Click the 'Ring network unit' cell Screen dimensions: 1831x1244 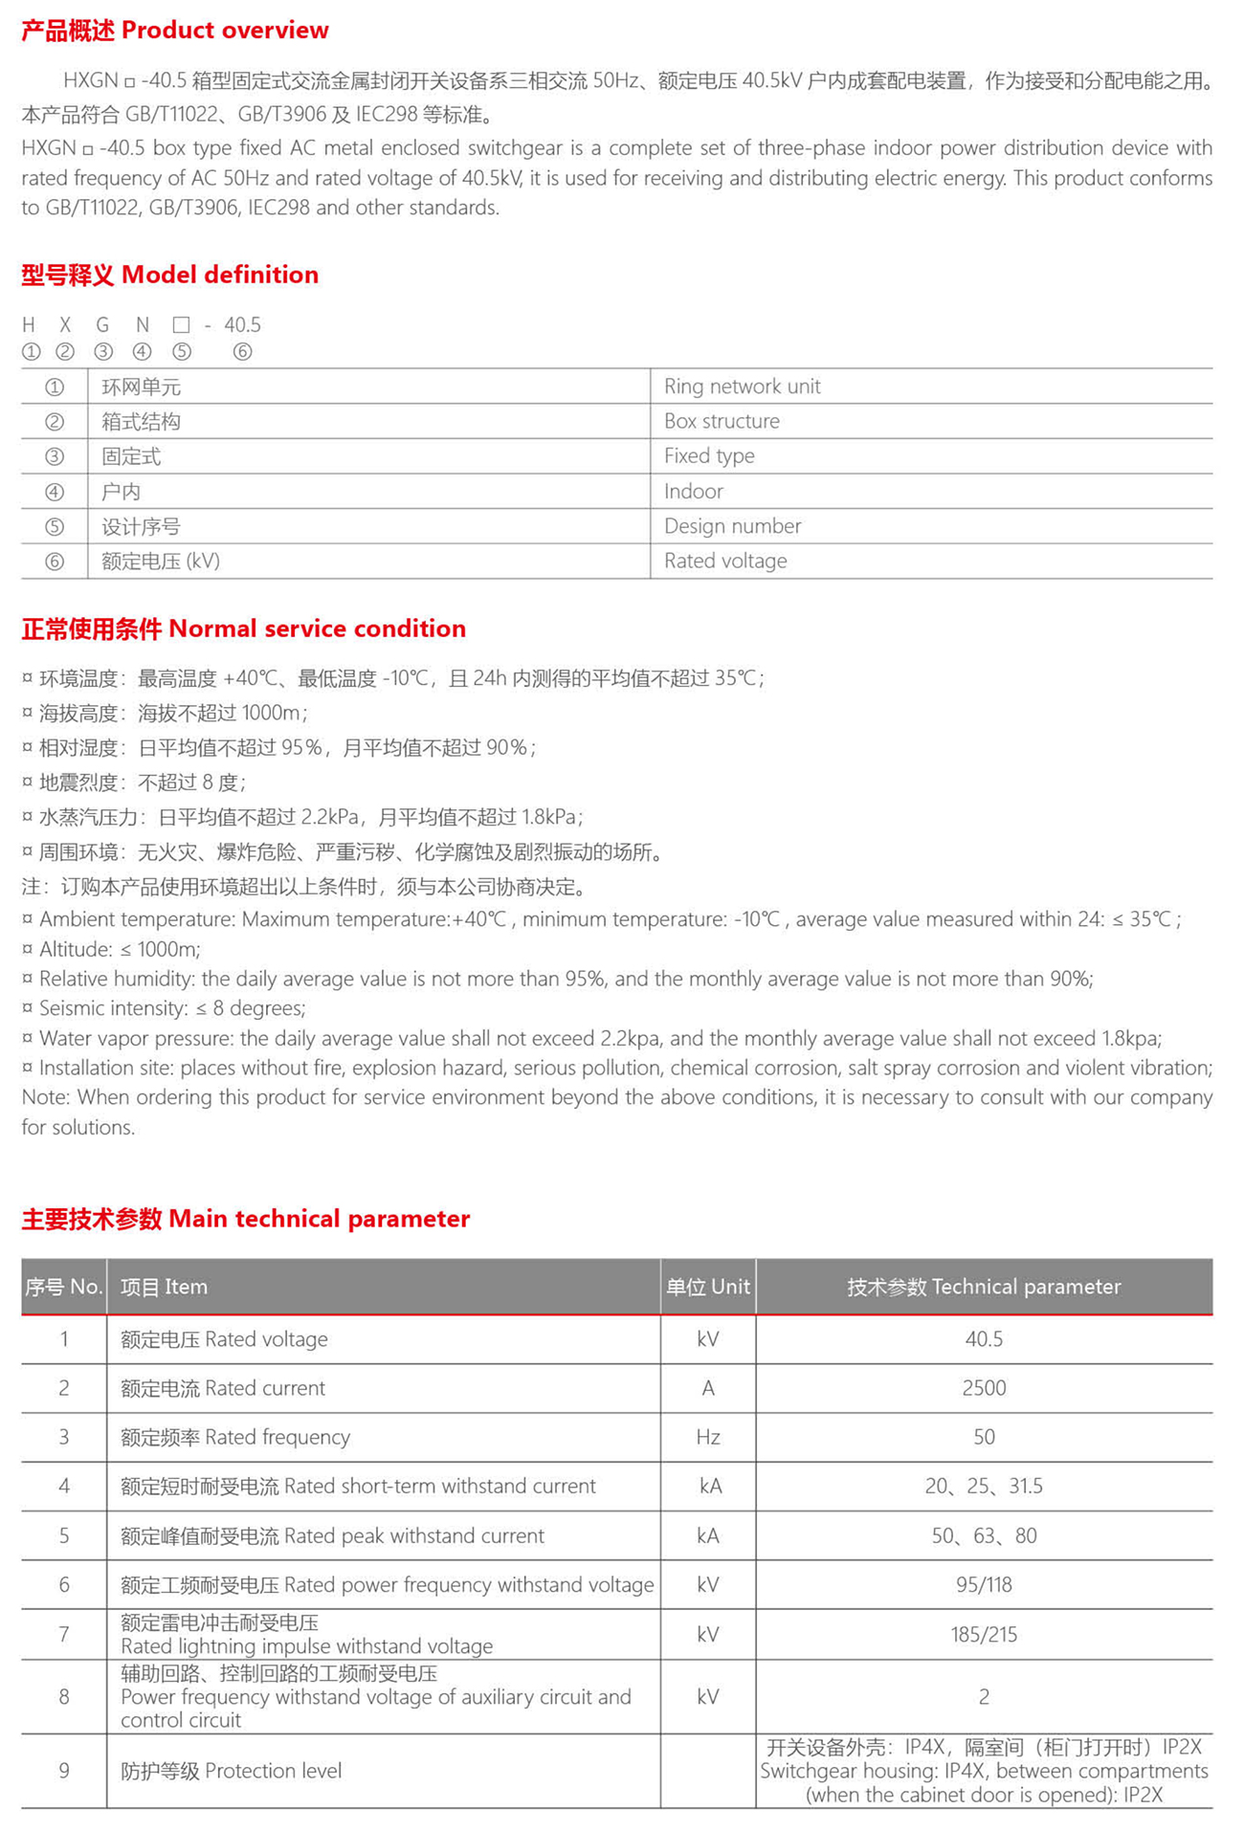[742, 386]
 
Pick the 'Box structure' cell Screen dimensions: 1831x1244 [722, 422]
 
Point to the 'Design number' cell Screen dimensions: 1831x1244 [732, 526]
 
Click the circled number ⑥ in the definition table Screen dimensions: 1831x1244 [55, 562]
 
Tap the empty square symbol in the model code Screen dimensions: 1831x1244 [181, 325]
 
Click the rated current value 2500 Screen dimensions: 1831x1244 [984, 1388]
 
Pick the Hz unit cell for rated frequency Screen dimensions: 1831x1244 [708, 1437]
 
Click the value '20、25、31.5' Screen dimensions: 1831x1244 [984, 1487]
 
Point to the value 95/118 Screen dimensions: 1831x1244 [984, 1585]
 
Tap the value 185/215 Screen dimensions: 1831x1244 [984, 1635]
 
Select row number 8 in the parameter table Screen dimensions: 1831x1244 [64, 1697]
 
